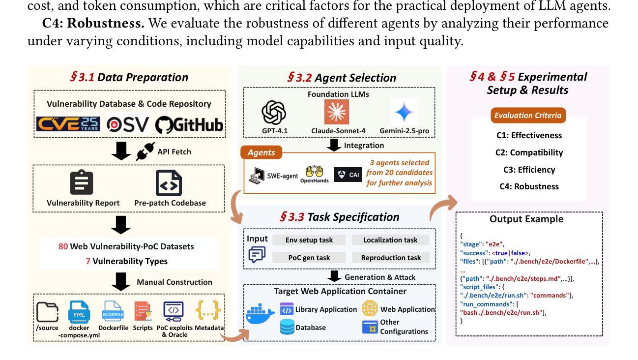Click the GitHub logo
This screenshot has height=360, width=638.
(189, 125)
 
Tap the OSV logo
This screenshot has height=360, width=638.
(127, 125)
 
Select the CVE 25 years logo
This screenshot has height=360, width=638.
(68, 124)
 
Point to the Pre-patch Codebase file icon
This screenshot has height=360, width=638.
(169, 183)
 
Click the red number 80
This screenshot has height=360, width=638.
(63, 246)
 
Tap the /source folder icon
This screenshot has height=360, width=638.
(47, 312)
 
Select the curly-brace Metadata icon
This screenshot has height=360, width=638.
(208, 310)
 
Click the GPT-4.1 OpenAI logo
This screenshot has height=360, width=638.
(274, 113)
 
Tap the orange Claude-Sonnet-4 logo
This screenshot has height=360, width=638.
(337, 112)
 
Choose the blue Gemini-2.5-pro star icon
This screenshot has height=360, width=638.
(404, 112)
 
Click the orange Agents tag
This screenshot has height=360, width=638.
(261, 152)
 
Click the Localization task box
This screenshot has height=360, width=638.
(390, 240)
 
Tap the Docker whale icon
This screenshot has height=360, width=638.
(260, 313)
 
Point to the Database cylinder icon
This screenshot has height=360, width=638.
(287, 327)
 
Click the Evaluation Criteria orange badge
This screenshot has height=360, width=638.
(527, 116)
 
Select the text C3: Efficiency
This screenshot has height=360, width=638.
(529, 170)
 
